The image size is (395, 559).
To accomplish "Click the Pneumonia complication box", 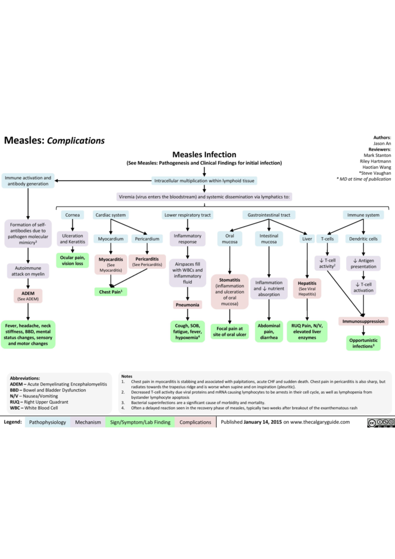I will point(187,305).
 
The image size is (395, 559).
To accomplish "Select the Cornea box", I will point(72,215).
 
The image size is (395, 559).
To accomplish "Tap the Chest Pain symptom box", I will point(111,292).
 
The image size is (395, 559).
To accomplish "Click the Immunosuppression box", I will point(363,321).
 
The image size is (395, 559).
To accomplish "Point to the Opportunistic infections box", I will point(363,343).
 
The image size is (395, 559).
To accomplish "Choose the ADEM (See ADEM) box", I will point(28,296).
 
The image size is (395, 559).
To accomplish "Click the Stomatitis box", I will point(229,292).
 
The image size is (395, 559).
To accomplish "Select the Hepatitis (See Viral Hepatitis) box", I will point(307,288).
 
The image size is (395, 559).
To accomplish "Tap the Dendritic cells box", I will point(363,239).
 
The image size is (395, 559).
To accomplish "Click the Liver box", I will point(307,239).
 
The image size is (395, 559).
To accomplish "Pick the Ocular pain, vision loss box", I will point(72,260).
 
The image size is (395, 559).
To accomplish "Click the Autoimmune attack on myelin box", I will point(28,271).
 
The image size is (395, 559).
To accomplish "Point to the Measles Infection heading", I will point(204,154).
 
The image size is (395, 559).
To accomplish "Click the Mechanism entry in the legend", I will point(88,422).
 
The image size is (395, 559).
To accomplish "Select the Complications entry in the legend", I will point(195,422).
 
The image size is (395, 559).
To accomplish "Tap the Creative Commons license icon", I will point(381,423).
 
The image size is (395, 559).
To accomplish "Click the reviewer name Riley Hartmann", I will point(375,161).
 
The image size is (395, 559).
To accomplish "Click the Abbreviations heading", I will point(25,378).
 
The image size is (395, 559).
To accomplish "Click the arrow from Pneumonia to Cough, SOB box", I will point(187,315).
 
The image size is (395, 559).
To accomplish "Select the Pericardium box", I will point(147,239).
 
